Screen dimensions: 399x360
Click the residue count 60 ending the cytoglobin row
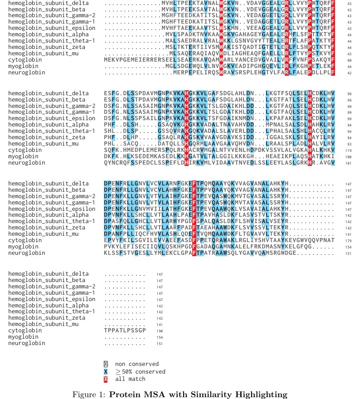[349, 60]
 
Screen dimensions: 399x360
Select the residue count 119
[348, 150]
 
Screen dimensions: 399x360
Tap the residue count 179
[349, 240]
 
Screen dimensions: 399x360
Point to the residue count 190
[160, 331]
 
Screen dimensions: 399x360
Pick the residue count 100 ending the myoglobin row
[348, 156]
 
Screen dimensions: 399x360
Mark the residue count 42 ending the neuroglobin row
[349, 73]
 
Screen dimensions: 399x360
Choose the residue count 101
[348, 163]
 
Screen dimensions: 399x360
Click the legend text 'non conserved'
[137, 364]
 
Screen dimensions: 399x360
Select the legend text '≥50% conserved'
[140, 372]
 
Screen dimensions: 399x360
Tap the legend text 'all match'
[130, 379]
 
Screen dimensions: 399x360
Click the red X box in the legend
[106, 379]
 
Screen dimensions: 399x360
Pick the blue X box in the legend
[106, 372]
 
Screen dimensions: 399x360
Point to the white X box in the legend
[106, 364]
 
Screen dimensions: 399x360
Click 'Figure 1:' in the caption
[89, 394]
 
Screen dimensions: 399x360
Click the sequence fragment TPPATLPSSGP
[125, 331]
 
